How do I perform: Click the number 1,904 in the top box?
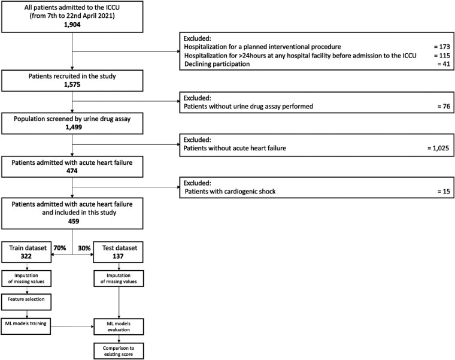(x=71, y=24)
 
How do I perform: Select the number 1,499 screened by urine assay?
(x=71, y=135)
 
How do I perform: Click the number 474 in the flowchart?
(x=71, y=172)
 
